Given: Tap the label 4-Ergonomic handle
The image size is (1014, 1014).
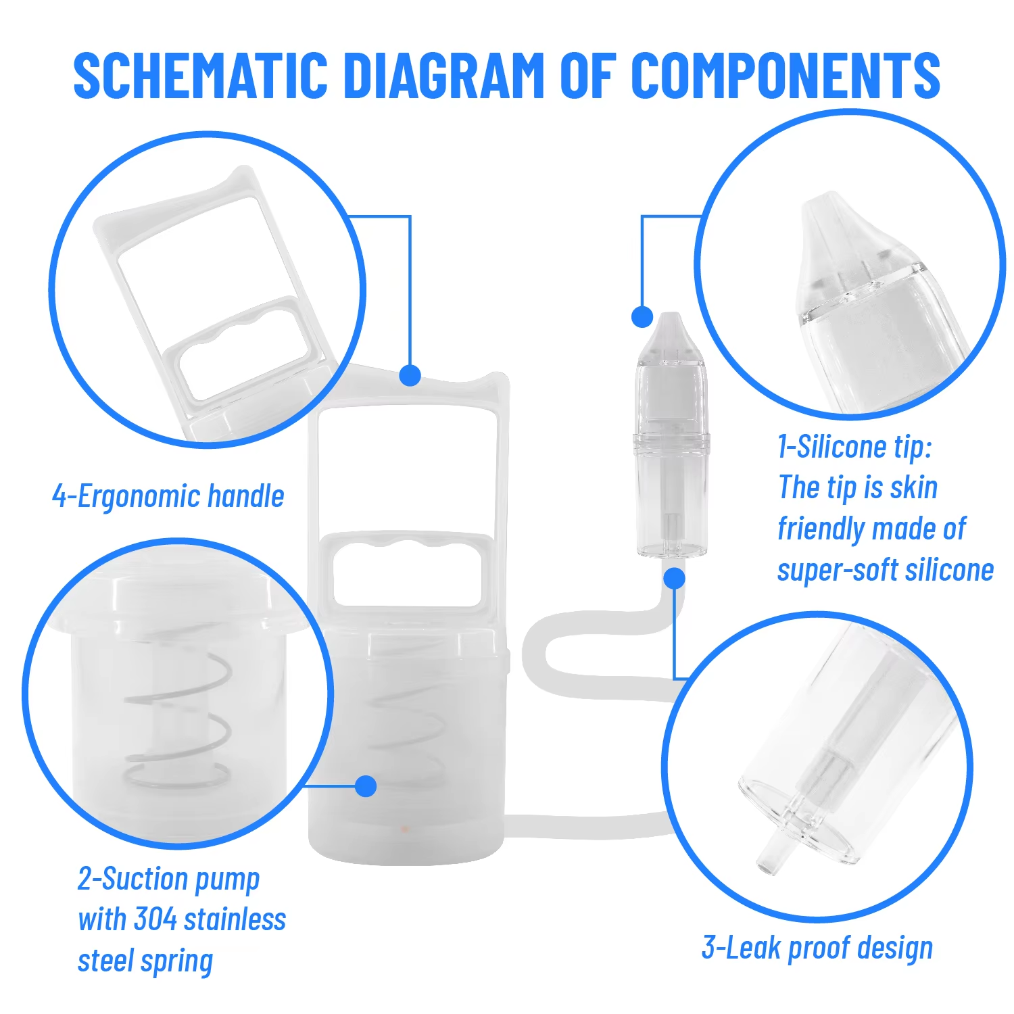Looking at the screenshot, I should (x=168, y=496).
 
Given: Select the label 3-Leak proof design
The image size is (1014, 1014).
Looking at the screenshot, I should (x=817, y=948).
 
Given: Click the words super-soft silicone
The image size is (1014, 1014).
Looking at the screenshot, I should (x=885, y=570).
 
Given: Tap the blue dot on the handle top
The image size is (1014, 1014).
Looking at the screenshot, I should (x=410, y=375).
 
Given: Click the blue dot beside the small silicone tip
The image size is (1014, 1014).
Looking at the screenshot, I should (x=642, y=316).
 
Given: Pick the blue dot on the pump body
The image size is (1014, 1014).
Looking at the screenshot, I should (x=366, y=786).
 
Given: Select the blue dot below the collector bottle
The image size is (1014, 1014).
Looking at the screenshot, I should (x=674, y=578).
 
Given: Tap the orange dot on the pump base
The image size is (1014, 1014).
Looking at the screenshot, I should (x=404, y=827).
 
